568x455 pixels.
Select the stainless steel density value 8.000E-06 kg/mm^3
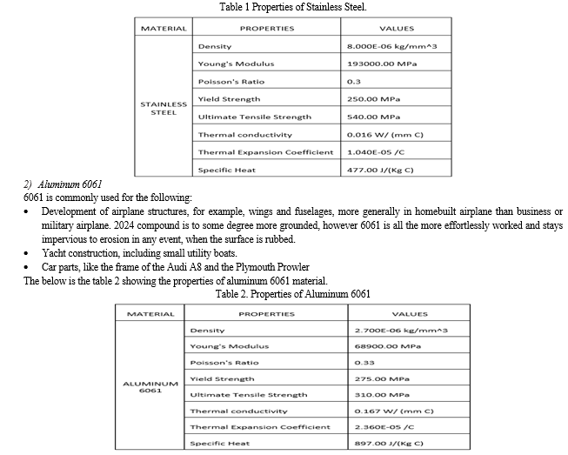[385, 46]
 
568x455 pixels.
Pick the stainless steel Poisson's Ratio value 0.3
[353, 82]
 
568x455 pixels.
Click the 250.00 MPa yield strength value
[373, 99]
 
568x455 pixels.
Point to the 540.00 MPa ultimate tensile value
[373, 117]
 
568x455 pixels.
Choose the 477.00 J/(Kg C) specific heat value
[379, 170]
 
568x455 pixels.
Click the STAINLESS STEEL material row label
[164, 108]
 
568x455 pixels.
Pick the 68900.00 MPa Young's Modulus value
[388, 346]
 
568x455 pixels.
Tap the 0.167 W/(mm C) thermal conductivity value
[393, 411]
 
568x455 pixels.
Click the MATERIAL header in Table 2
[150, 314]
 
